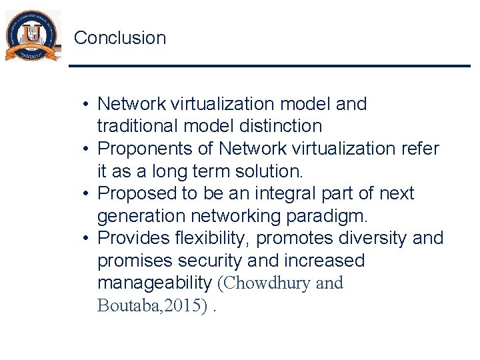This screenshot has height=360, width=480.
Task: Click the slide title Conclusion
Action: pyautogui.click(x=120, y=38)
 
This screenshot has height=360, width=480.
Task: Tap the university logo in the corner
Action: pyautogui.click(x=32, y=36)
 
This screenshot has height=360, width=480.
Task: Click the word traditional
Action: pyautogui.click(x=137, y=126)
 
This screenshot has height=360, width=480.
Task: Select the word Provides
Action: pyautogui.click(x=135, y=238)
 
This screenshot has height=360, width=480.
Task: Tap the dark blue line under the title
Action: pyautogui.click(x=269, y=65)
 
